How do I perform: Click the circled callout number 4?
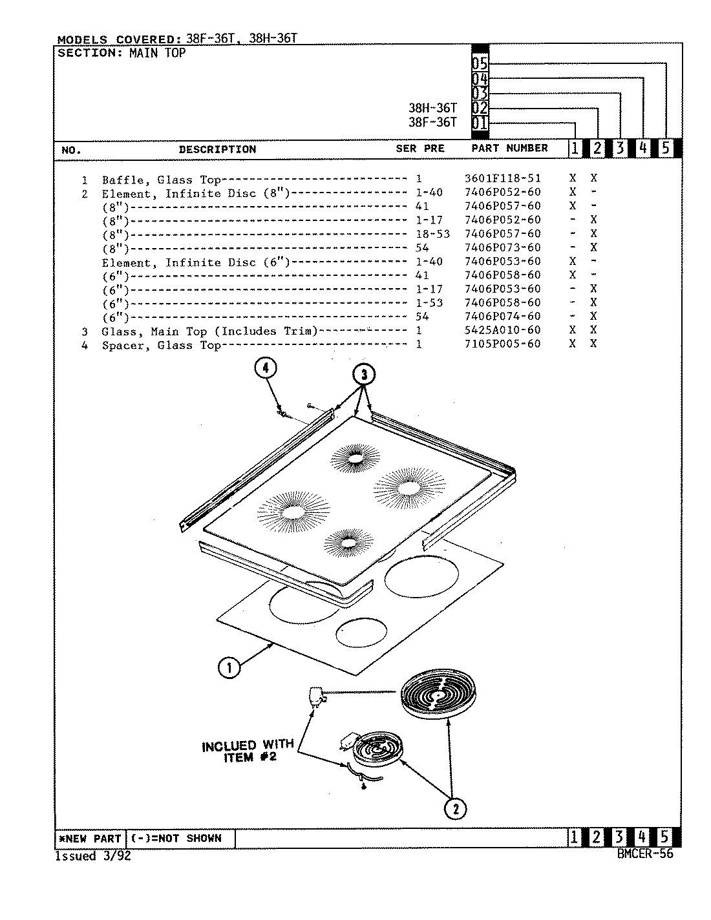point(265,368)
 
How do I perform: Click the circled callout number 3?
point(364,374)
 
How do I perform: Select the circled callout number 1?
point(229,667)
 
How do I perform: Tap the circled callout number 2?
point(456,808)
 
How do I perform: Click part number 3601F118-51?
point(502,178)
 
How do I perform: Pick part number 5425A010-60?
point(502,330)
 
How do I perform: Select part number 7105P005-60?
point(502,344)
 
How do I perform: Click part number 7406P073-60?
point(502,247)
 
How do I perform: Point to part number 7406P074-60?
point(502,317)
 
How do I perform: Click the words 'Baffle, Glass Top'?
point(161,180)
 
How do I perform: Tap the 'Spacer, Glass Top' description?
point(161,345)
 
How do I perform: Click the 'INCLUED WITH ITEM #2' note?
point(248,751)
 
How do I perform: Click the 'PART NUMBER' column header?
point(509,148)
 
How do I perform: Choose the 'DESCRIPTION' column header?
point(217,149)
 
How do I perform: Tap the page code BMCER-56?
point(644,853)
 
